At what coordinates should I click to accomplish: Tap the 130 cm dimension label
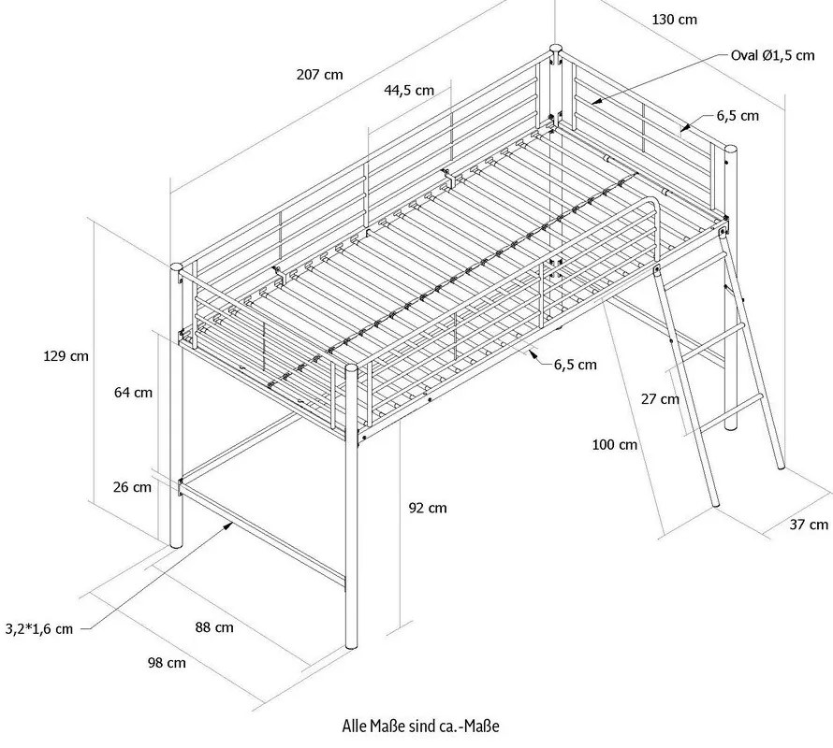[x=674, y=19]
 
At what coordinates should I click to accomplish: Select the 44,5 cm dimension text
[x=409, y=91]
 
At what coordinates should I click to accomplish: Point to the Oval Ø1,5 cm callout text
[x=772, y=56]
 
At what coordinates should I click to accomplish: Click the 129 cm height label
[x=66, y=355]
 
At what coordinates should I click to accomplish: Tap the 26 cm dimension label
[x=130, y=487]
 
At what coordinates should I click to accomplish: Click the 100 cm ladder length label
[x=615, y=445]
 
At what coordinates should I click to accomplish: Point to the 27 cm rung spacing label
[x=660, y=399]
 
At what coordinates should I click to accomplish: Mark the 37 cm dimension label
[x=809, y=525]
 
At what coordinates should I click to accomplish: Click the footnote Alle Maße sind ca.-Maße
[x=428, y=726]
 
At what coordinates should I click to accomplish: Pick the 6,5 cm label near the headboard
[x=738, y=116]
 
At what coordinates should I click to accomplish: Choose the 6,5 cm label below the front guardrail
[x=575, y=365]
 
